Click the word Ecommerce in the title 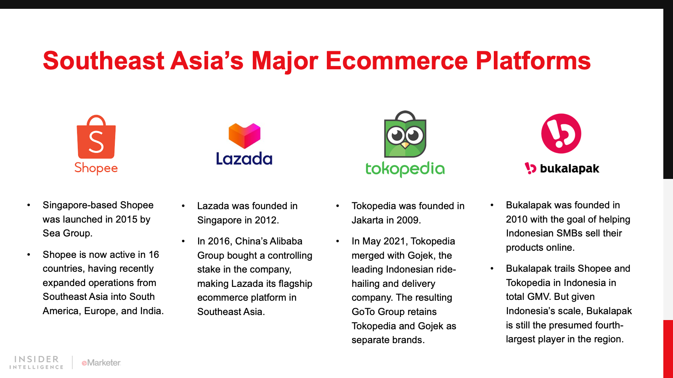[397, 60]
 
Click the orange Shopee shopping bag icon [96, 137]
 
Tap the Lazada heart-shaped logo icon [244, 136]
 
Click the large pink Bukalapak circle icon [561, 134]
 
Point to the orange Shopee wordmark [96, 168]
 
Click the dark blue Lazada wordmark [244, 158]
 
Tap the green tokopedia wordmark [405, 169]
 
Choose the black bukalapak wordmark [570, 168]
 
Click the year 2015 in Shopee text [126, 219]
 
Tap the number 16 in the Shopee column [154, 255]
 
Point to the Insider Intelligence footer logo [36, 362]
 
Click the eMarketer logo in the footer [101, 363]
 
